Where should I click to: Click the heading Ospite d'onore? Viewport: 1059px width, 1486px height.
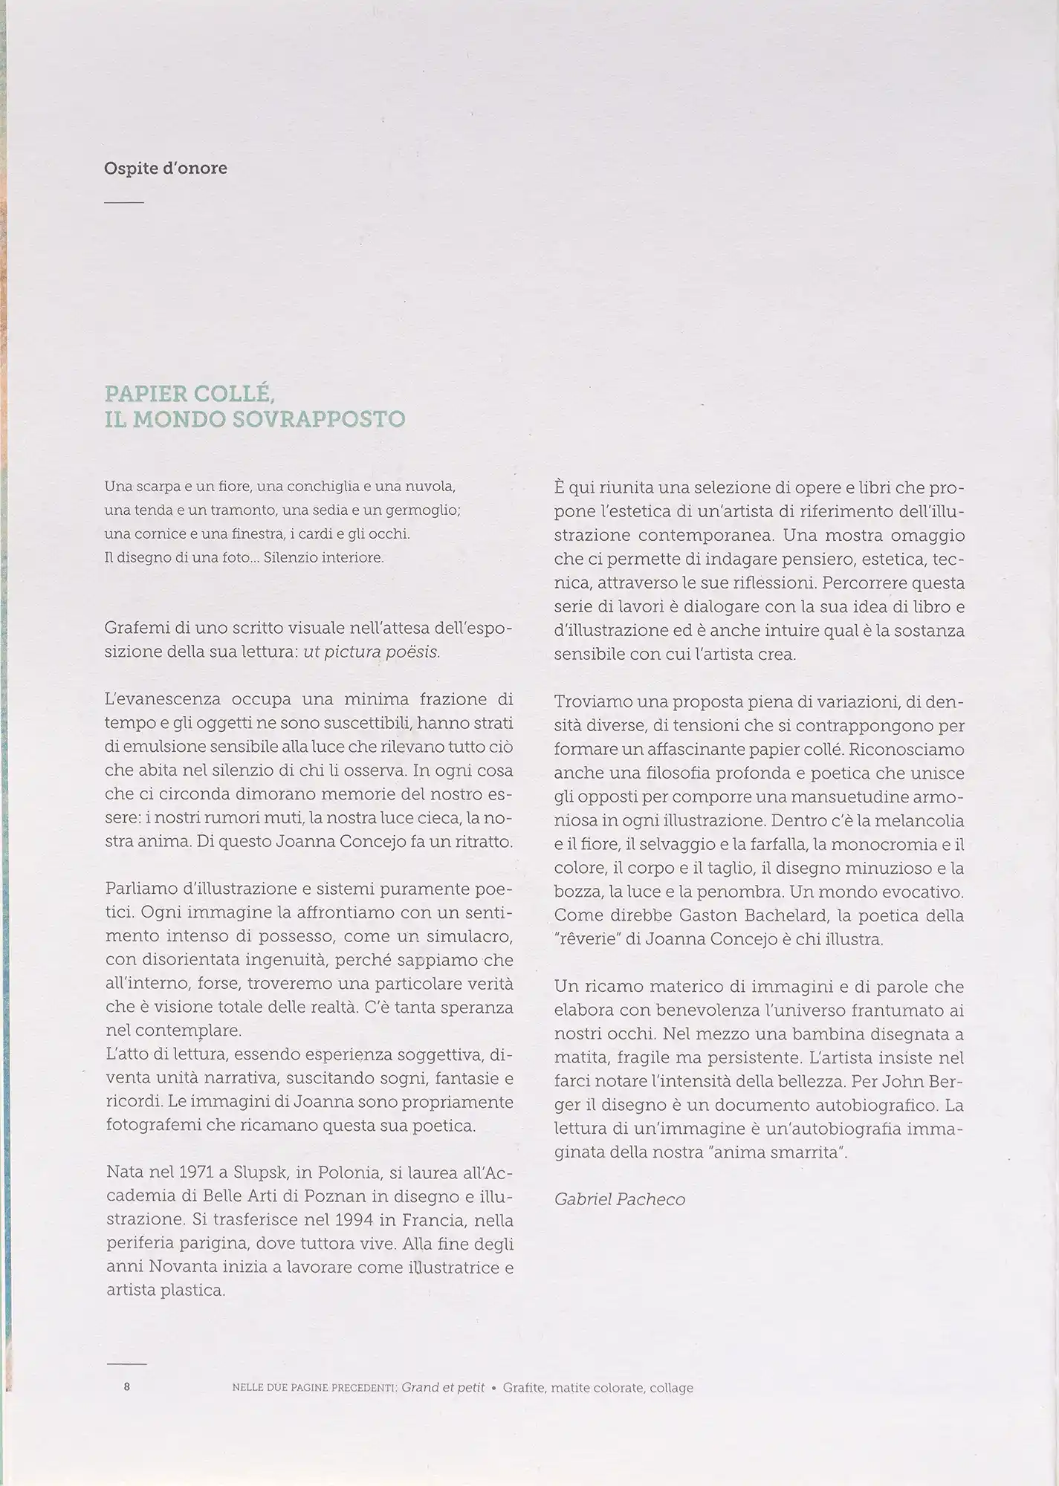point(166,169)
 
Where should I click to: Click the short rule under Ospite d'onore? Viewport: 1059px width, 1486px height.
point(123,203)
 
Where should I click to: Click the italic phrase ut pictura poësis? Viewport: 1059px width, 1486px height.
point(372,653)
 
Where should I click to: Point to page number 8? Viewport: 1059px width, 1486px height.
point(127,1386)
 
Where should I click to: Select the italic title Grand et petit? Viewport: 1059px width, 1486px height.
point(443,1387)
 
